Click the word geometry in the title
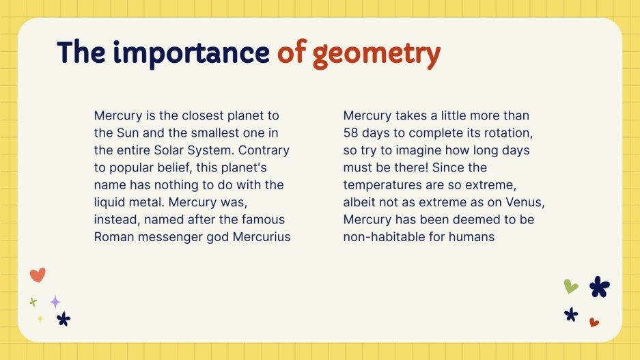(376, 53)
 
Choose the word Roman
(113, 237)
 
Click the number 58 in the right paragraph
(352, 133)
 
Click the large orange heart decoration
(38, 275)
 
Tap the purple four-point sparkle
(55, 301)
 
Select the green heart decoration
(571, 286)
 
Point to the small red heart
(594, 322)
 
